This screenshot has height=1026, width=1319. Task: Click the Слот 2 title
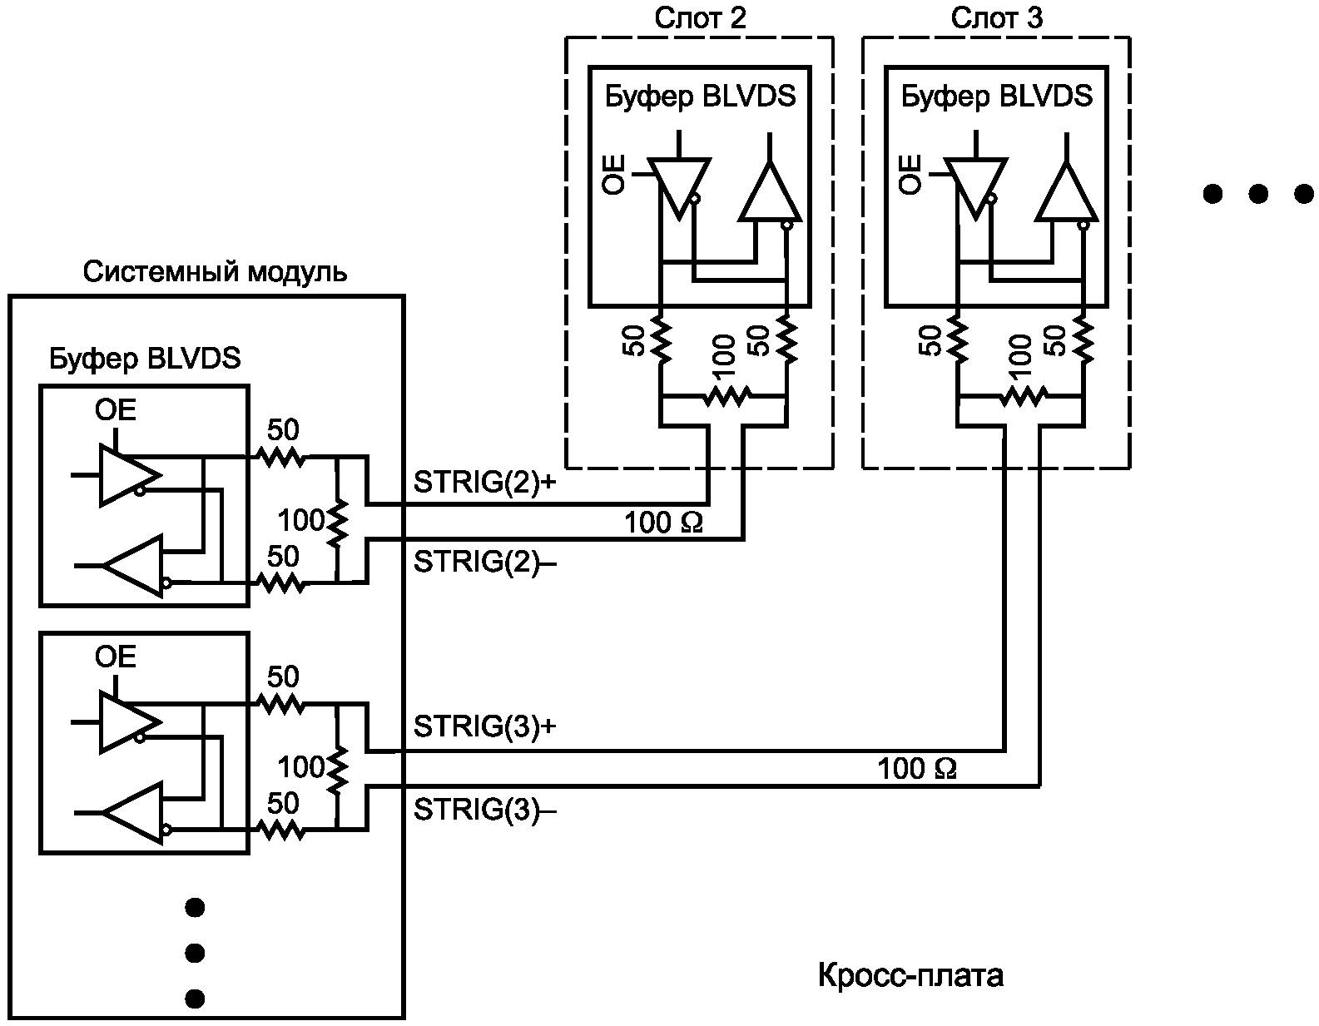point(700,18)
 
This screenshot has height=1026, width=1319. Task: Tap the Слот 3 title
point(997,18)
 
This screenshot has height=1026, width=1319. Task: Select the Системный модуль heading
point(215,272)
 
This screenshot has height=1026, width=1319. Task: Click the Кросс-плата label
point(910,975)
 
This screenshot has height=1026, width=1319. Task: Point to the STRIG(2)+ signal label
point(485,483)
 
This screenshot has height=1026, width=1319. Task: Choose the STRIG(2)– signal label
point(485,562)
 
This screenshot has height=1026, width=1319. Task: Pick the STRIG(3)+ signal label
point(485,726)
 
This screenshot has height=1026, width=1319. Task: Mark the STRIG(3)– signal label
point(485,810)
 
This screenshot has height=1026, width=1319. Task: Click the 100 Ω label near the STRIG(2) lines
point(663,523)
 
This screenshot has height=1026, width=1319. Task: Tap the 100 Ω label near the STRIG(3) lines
point(917,769)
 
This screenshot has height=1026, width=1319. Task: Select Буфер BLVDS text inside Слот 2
point(700,97)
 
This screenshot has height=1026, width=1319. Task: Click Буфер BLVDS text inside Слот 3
point(997,97)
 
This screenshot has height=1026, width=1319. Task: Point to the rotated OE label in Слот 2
point(613,175)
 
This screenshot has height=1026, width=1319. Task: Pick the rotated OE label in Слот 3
point(910,175)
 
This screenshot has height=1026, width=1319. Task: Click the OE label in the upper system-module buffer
point(116,410)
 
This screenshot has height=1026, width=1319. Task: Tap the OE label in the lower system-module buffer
point(116,657)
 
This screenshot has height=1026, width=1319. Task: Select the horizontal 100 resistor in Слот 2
point(726,398)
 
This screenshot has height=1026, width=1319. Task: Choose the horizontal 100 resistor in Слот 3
point(1024,398)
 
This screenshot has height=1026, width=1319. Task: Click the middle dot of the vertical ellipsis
point(195,954)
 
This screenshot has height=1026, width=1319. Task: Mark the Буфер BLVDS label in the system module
point(145,359)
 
